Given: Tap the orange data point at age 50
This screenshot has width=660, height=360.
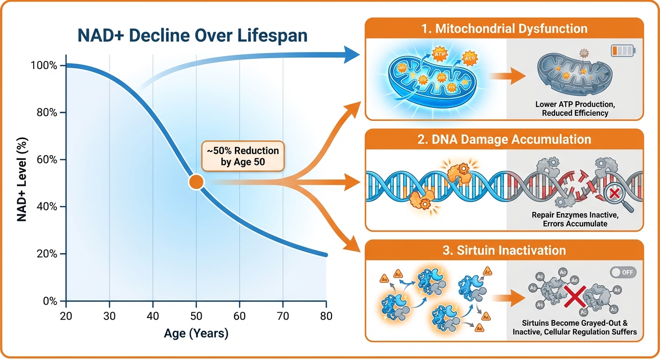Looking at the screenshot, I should coord(196,182).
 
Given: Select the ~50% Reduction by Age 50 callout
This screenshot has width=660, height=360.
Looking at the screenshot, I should coord(243,157).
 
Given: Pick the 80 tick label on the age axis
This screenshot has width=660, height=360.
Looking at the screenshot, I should coord(326,316).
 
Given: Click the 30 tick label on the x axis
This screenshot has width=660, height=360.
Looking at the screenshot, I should coord(109,316).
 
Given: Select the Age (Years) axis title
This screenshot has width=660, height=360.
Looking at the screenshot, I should coord(196,334).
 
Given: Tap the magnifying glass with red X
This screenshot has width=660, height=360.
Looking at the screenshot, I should coord(615,194).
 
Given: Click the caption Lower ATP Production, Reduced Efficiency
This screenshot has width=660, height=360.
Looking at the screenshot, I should coord(572,109).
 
